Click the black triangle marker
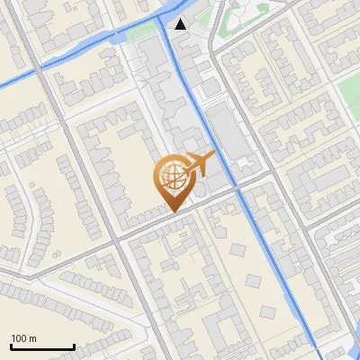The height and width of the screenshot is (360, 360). (x=181, y=24)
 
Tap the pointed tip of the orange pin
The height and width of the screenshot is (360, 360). (x=171, y=211)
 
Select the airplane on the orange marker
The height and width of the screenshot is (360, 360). (x=198, y=164)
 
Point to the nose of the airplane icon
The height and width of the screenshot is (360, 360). (x=214, y=155)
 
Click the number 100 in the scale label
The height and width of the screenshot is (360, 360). (x=20, y=338)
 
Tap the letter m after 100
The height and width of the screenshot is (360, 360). (x=33, y=338)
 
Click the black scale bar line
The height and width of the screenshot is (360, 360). (x=42, y=346)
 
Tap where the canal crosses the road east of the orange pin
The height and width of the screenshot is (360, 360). (x=240, y=191)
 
